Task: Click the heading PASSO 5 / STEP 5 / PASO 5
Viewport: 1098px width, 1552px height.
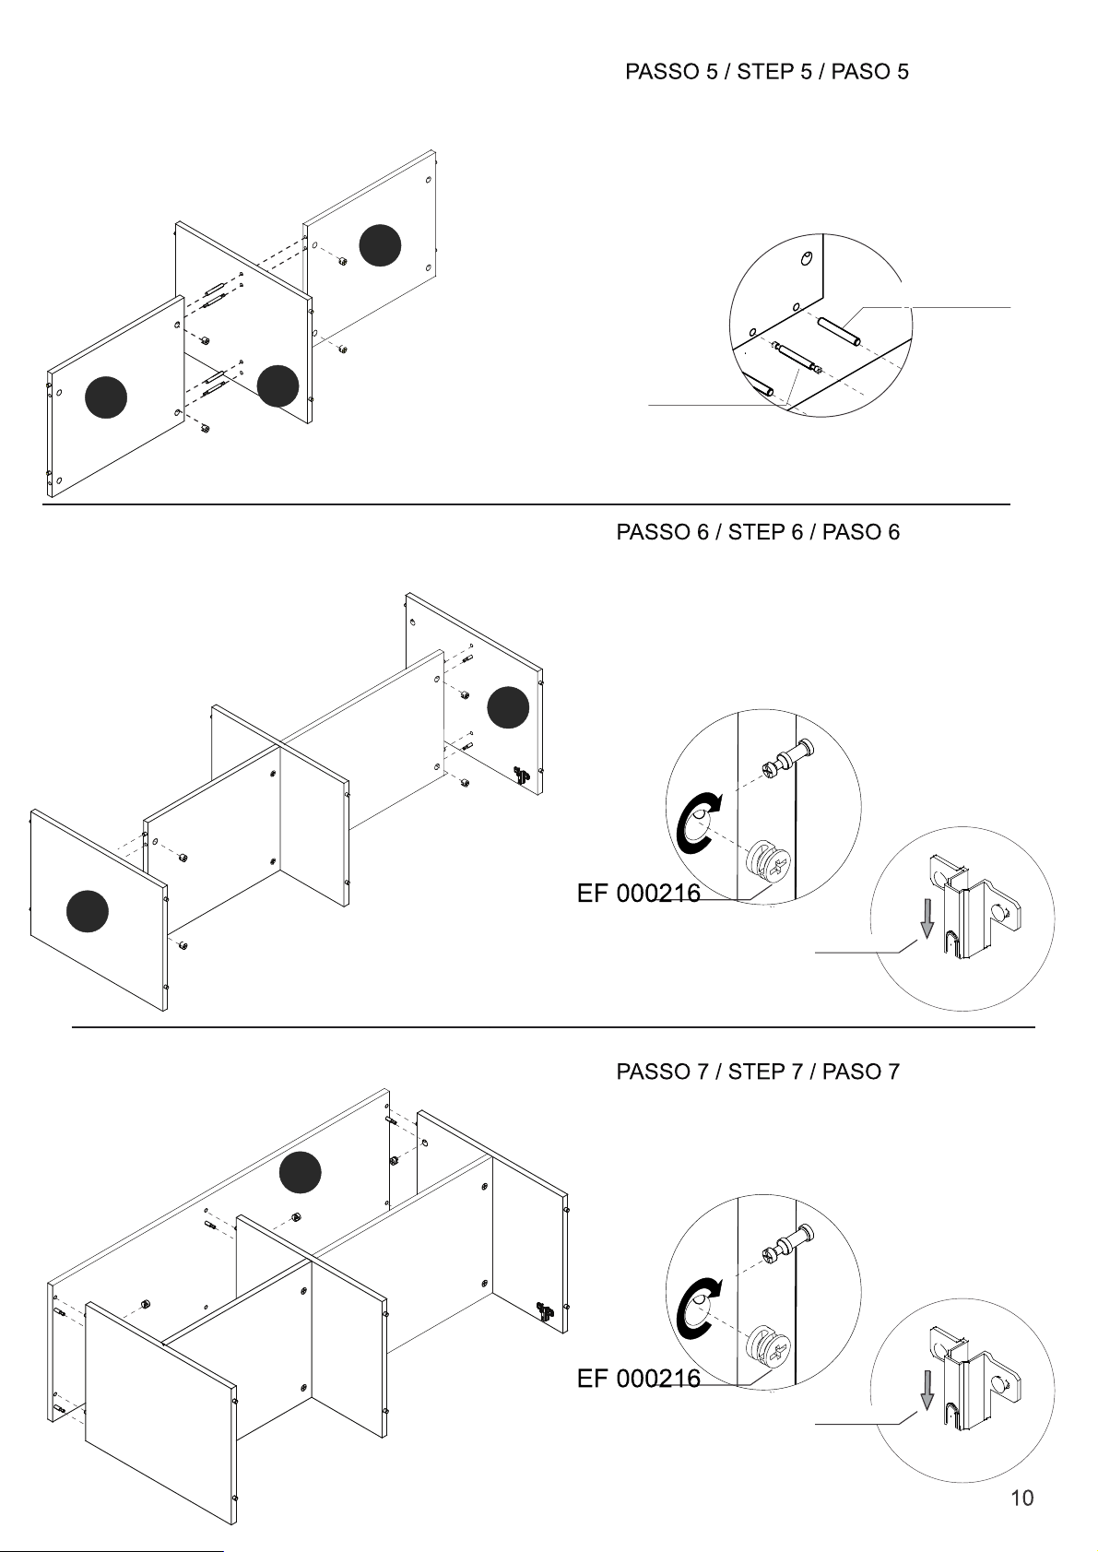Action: (766, 71)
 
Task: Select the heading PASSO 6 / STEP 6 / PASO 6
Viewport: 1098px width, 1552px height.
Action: (758, 531)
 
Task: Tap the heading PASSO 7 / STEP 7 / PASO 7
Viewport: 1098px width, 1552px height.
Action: (758, 1072)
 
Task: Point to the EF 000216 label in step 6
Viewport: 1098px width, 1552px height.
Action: (639, 893)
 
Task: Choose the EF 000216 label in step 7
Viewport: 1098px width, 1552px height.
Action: (639, 1378)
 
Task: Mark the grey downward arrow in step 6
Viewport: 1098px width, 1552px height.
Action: (927, 919)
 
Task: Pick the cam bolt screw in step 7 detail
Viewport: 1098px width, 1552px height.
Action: (787, 1245)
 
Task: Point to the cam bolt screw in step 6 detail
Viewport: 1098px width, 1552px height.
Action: (787, 760)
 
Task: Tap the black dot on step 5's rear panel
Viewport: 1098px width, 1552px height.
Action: (380, 245)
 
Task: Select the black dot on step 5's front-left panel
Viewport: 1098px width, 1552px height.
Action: (106, 397)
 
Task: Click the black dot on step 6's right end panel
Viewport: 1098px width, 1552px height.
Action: (508, 707)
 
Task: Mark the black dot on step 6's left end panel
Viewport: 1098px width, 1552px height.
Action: (88, 911)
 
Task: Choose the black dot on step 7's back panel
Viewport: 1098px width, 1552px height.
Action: (300, 1172)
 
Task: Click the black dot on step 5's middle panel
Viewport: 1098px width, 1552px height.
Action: (277, 385)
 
